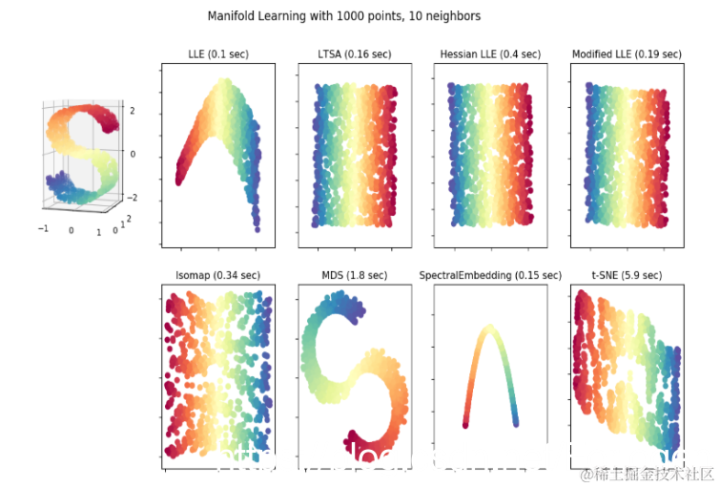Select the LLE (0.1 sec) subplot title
(218, 54)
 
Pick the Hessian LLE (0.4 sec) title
(490, 54)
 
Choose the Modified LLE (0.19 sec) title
(627, 54)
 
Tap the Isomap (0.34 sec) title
(217, 275)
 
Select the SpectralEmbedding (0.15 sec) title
(490, 275)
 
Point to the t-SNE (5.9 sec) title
(627, 275)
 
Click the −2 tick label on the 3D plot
(133, 198)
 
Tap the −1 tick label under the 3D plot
(43, 229)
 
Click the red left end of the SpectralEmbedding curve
(465, 423)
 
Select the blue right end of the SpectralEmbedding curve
(515, 422)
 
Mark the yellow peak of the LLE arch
(225, 84)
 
